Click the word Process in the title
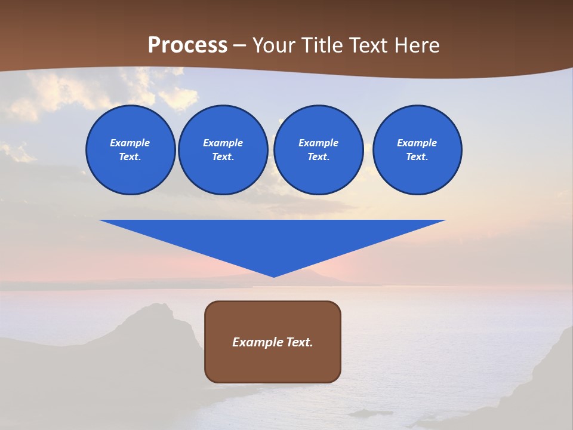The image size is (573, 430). tap(187, 45)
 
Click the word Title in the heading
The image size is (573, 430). tap(322, 45)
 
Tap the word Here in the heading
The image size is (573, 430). tap(417, 45)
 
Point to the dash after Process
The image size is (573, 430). tap(240, 46)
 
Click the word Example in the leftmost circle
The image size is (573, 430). tap(130, 143)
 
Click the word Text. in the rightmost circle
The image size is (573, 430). tap(417, 156)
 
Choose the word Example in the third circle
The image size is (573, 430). tap(318, 143)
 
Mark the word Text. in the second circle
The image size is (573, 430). tap(223, 156)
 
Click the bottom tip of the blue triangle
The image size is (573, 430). tap(273, 275)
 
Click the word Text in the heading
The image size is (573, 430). tap(369, 45)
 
